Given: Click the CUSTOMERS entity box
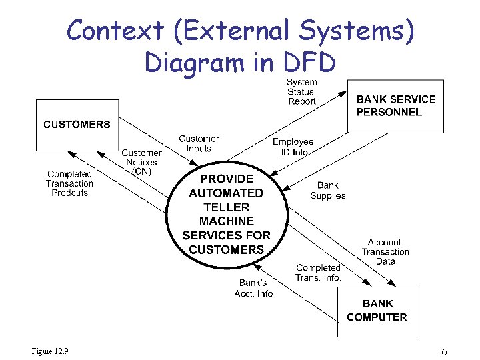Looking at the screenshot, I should (x=77, y=125).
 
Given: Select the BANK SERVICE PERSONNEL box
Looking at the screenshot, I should (x=396, y=106).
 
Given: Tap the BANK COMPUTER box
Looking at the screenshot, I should (x=377, y=311).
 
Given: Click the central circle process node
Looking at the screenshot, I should (x=226, y=214).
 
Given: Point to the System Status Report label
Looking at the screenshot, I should (x=301, y=92).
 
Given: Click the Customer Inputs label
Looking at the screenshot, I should (x=199, y=144).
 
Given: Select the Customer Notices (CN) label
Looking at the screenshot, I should (x=141, y=163).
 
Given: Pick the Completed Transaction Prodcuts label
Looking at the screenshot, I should (x=69, y=183).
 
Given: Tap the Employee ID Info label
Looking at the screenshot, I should (x=293, y=147).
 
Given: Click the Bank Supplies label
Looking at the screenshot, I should (x=328, y=191).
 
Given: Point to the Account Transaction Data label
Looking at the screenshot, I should (x=385, y=252).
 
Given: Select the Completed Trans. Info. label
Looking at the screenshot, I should (x=319, y=273).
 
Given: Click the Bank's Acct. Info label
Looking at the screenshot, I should (x=253, y=288).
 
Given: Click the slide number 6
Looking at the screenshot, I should (x=444, y=351).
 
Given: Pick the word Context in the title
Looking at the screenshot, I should (x=115, y=31).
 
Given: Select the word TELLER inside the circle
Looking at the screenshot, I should (x=226, y=207).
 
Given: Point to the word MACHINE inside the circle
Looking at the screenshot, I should (x=226, y=221).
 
